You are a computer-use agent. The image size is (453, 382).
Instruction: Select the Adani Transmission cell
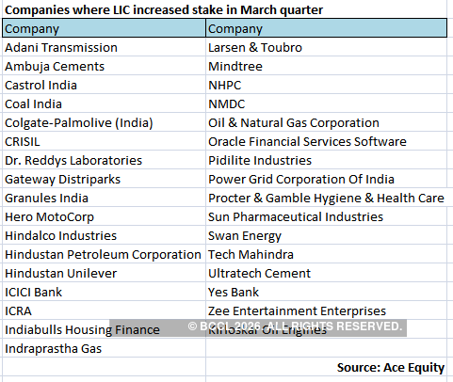click(61, 47)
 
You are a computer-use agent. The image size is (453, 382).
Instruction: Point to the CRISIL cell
click(26, 141)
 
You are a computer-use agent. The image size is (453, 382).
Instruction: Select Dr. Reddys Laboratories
click(73, 160)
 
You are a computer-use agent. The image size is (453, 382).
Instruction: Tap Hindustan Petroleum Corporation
click(104, 254)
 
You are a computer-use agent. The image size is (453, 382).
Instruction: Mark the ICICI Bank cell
click(34, 292)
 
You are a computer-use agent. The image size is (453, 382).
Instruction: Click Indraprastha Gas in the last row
click(54, 348)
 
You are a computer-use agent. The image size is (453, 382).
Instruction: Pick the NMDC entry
click(228, 103)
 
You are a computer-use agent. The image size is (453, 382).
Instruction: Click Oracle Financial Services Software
click(308, 141)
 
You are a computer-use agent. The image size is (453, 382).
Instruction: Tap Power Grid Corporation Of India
click(301, 179)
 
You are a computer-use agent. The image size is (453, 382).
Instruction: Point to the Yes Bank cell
click(234, 292)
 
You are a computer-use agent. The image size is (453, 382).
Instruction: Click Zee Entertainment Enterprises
click(297, 310)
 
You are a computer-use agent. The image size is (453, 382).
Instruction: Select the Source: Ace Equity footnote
click(391, 366)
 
